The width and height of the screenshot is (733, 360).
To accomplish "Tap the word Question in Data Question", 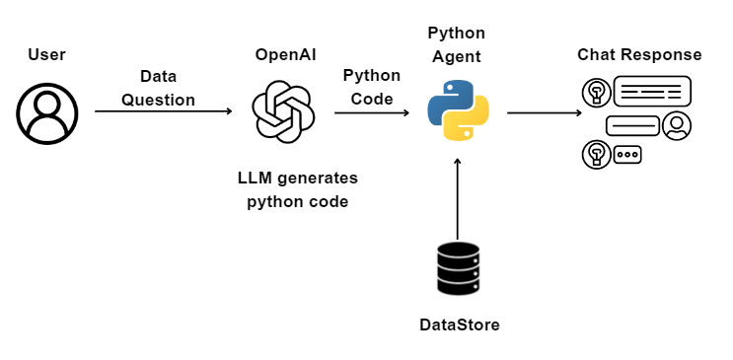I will point(158,100).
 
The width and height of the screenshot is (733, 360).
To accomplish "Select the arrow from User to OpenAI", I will point(163,111).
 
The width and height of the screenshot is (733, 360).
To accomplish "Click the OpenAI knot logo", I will point(283,111).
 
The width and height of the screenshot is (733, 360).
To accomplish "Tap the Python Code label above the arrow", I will point(371,87).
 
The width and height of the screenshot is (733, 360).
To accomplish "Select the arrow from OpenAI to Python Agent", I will point(371,112).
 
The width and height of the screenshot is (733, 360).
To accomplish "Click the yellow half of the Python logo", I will point(467,123).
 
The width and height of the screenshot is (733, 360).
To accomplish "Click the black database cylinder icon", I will point(458,268).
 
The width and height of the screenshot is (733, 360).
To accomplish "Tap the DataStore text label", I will point(459,324).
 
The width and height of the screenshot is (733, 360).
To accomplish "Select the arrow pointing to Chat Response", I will point(544,112).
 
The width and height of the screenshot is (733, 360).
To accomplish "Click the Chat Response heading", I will point(639,54).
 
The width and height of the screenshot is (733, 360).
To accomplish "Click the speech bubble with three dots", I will point(627,154).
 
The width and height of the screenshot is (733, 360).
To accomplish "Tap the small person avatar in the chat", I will point(677,125).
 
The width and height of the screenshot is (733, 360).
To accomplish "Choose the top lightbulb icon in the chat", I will point(595,92).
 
